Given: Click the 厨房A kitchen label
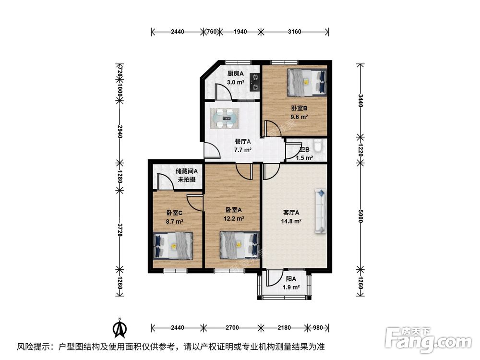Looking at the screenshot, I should coord(236,73).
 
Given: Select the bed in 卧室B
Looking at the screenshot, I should coord(307,82).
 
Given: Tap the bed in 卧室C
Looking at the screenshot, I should coord(173,245).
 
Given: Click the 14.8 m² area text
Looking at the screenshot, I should coord(291,221).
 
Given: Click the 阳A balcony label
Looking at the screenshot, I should coord(290,279).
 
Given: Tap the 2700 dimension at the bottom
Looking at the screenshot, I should coord(232,328).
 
